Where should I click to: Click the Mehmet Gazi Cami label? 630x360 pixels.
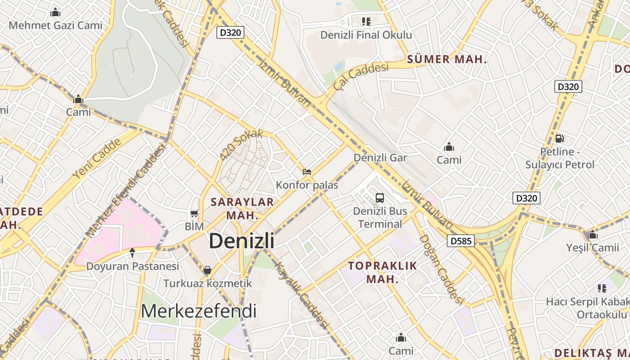click(56, 25)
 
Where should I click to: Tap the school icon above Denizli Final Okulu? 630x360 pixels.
click(366, 21)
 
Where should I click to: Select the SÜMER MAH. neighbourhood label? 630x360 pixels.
click(447, 59)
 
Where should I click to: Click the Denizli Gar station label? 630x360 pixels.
click(380, 158)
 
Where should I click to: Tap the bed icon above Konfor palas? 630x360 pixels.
click(307, 171)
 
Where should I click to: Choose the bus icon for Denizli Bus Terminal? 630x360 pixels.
click(380, 198)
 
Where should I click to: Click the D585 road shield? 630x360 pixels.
click(461, 241)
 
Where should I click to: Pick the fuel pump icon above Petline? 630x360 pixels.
click(560, 139)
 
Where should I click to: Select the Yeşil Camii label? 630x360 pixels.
click(592, 247)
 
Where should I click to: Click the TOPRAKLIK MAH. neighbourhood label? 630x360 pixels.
click(382, 272)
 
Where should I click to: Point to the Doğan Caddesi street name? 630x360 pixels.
click(441, 269)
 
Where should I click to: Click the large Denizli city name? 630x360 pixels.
click(241, 241)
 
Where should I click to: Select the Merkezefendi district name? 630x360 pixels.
click(199, 311)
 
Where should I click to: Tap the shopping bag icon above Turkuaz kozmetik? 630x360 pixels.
click(207, 270)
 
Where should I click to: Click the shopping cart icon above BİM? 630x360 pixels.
click(194, 213)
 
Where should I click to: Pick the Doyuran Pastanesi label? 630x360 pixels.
click(132, 266)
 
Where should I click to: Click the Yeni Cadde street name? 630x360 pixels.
click(97, 158)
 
